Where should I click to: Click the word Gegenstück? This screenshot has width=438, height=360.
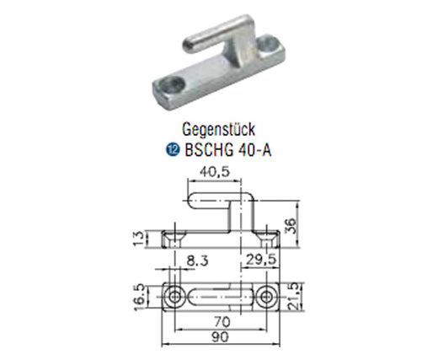[x=218, y=130]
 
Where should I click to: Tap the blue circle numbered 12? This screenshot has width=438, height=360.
[x=173, y=150]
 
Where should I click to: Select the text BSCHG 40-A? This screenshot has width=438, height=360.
[x=228, y=150]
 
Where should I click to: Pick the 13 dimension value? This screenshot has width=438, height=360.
[x=140, y=239]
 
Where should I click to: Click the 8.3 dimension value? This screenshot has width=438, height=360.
[x=196, y=261]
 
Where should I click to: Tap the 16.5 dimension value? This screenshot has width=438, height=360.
[x=140, y=298]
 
